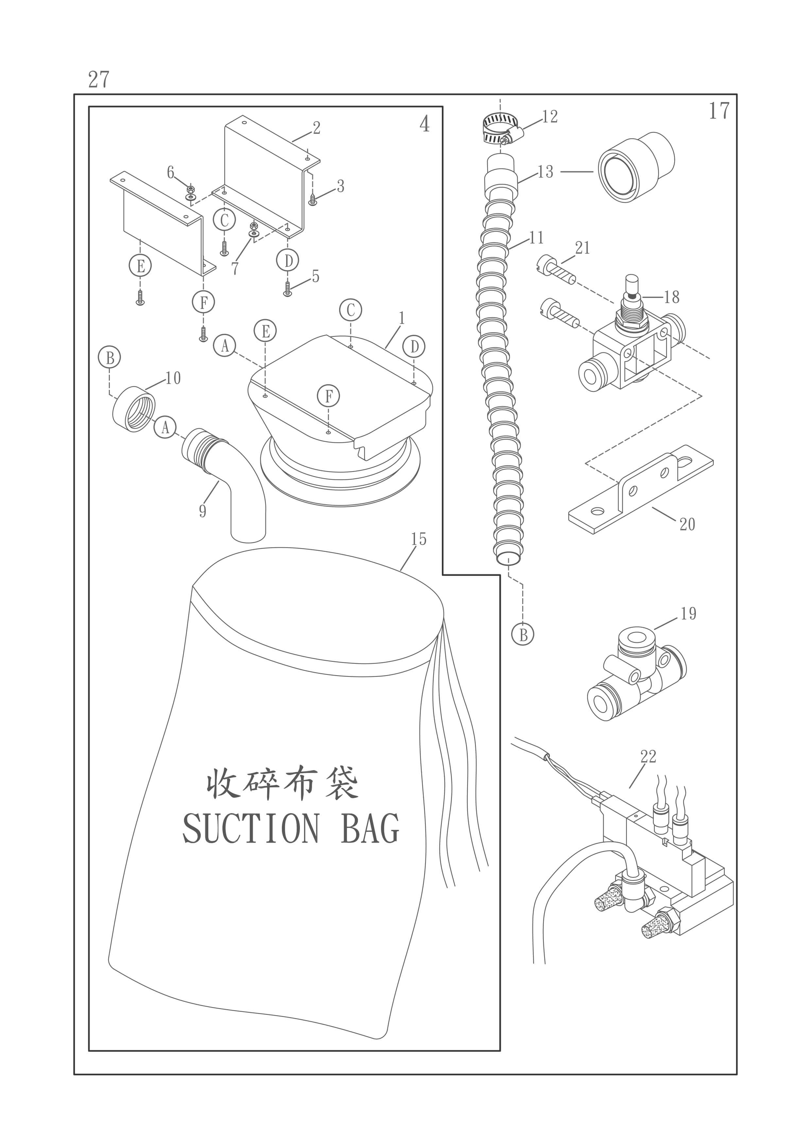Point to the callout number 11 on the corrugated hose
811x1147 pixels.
coord(536,238)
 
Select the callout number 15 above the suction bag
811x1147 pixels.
coord(418,539)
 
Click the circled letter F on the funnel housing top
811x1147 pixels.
coord(328,396)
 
